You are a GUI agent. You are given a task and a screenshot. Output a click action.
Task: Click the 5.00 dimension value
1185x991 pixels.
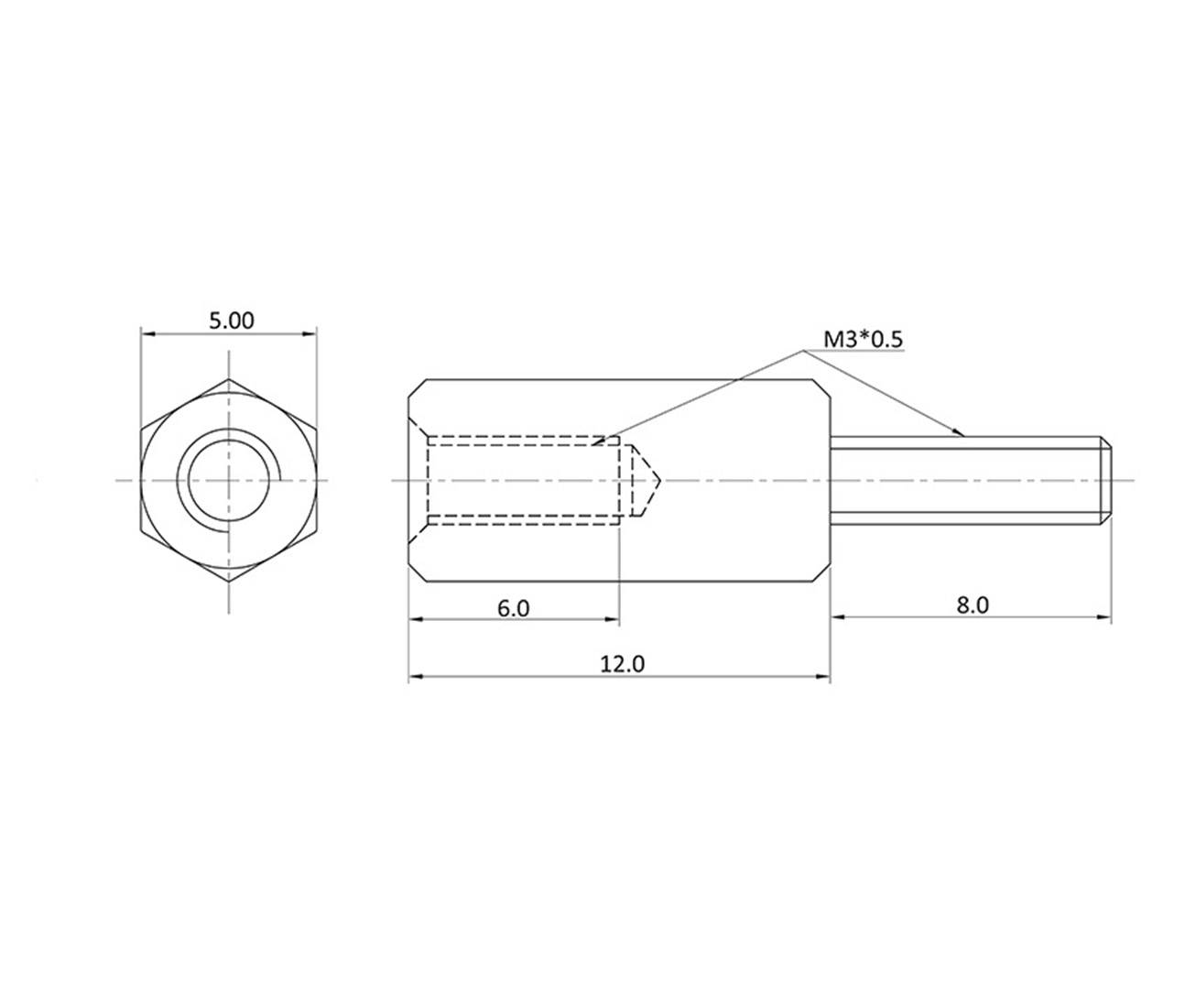pyautogui.click(x=231, y=321)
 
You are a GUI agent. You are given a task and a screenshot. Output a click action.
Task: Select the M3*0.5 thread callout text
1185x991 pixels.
pyautogui.click(x=863, y=339)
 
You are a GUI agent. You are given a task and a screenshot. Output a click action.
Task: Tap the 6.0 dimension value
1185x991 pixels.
pyautogui.click(x=513, y=607)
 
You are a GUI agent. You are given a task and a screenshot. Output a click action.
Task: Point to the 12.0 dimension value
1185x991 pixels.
pyautogui.click(x=623, y=663)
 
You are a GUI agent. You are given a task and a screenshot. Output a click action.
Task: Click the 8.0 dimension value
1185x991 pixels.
pyautogui.click(x=972, y=605)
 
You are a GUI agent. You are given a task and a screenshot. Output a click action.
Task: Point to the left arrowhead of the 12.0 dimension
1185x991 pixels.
pyautogui.click(x=415, y=677)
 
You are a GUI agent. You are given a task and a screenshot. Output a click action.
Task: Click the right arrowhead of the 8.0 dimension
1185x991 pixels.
pyautogui.click(x=1103, y=618)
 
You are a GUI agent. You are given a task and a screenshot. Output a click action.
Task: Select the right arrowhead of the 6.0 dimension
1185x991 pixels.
pyautogui.click(x=613, y=620)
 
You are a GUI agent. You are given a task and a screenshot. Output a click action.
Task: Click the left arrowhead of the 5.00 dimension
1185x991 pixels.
pyautogui.click(x=147, y=333)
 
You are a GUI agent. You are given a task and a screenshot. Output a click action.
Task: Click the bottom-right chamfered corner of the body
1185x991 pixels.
pyautogui.click(x=822, y=572)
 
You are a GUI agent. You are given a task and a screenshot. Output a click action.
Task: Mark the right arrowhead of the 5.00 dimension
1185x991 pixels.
pyautogui.click(x=310, y=333)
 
